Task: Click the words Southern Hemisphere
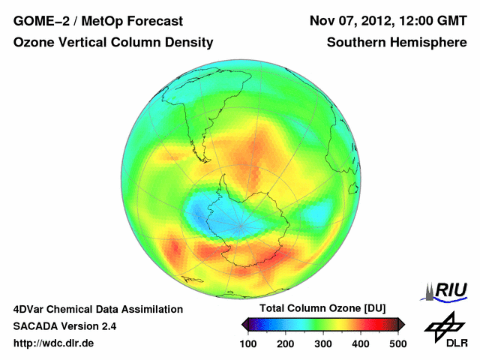click(397, 43)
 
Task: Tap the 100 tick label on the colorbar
click(247, 343)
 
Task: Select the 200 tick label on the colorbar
click(285, 343)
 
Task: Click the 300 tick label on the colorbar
click(322, 343)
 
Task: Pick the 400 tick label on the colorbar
click(360, 343)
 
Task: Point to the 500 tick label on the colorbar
click(397, 343)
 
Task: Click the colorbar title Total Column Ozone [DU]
click(322, 309)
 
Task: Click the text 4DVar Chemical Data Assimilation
click(97, 309)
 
